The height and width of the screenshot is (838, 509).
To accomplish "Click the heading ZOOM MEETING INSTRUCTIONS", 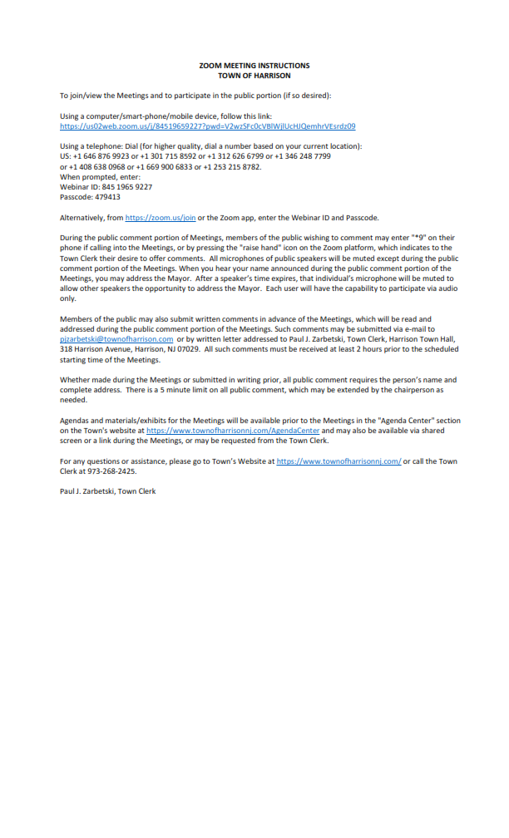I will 254,65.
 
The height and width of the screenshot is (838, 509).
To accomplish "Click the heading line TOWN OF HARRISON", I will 254,75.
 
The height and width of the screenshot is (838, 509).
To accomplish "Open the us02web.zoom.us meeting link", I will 208,126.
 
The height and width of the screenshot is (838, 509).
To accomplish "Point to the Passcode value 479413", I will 106,197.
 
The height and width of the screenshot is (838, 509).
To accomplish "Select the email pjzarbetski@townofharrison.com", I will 116,339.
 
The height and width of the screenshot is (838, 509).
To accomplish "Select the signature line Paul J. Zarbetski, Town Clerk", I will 108,491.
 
